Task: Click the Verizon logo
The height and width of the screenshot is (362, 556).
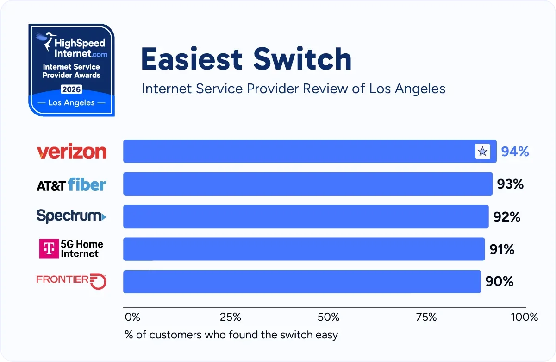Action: pyautogui.click(x=71, y=152)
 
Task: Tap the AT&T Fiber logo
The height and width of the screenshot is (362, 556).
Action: pyautogui.click(x=71, y=184)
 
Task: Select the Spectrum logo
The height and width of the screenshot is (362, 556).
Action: pyautogui.click(x=71, y=216)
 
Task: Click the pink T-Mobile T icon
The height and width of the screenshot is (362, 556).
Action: pyautogui.click(x=49, y=249)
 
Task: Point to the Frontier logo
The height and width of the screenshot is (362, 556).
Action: pyautogui.click(x=71, y=281)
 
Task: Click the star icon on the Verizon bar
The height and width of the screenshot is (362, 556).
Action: pyautogui.click(x=482, y=152)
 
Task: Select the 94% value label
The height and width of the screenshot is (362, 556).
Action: pyautogui.click(x=515, y=152)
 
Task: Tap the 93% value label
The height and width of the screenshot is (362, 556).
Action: pyautogui.click(x=510, y=184)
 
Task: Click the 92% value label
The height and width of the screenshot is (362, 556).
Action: pyautogui.click(x=507, y=216)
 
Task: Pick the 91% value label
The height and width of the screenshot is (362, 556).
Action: pyautogui.click(x=502, y=249)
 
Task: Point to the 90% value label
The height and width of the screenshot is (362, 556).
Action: pyautogui.click(x=499, y=281)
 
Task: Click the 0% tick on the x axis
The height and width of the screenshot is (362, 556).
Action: pyautogui.click(x=132, y=318)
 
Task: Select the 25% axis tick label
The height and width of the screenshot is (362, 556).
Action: pyautogui.click(x=230, y=318)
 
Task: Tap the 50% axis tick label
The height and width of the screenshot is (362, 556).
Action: pyautogui.click(x=329, y=318)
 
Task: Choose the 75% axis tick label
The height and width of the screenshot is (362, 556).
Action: pyautogui.click(x=426, y=318)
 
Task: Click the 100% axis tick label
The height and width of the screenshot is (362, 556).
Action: pyautogui.click(x=524, y=318)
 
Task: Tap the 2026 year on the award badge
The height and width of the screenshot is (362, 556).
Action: pyautogui.click(x=71, y=89)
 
